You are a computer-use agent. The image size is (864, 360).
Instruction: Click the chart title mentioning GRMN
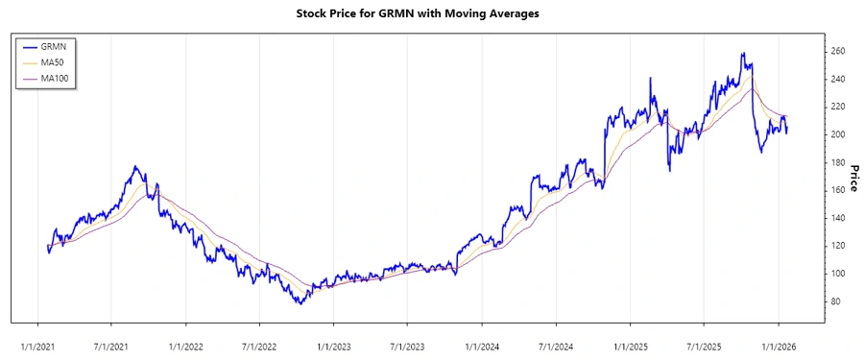point(431,14)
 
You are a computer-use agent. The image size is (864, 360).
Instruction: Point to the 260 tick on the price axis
point(837,51)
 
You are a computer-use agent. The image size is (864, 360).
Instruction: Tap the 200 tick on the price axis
point(837,134)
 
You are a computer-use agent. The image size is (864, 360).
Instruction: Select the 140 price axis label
point(837,218)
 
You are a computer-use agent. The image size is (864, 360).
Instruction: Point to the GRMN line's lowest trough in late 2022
point(300,303)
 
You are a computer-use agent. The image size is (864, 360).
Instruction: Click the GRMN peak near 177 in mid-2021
point(136,167)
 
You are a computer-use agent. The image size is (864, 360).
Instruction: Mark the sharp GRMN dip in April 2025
point(669,171)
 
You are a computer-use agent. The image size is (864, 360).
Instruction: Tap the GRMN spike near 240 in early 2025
point(651,78)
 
